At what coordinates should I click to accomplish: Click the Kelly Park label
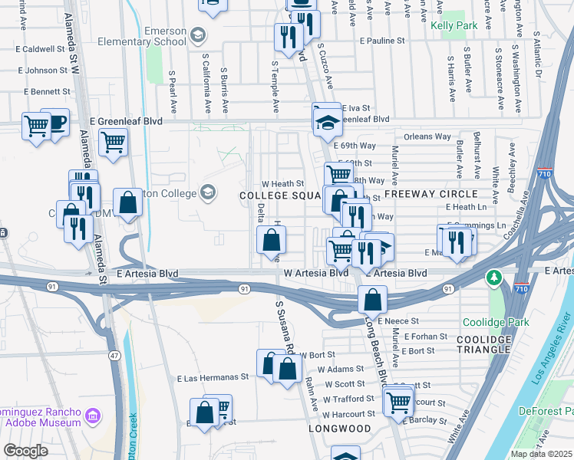(x=454, y=25)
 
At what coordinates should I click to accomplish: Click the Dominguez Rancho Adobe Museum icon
(x=93, y=417)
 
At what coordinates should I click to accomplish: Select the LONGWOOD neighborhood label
(x=341, y=429)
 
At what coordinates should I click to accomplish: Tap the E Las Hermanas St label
(x=213, y=377)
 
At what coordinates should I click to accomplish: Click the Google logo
(x=25, y=451)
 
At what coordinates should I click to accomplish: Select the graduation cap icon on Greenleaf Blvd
(x=326, y=119)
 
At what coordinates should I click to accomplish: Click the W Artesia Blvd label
(x=316, y=273)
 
